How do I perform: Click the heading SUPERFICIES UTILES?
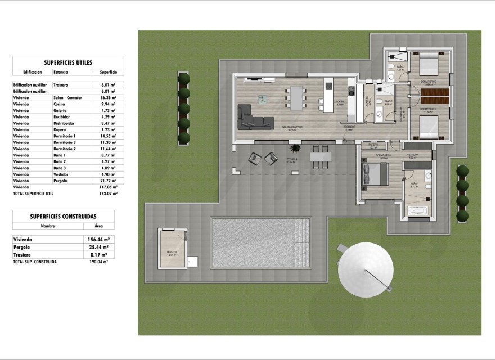click(67, 62)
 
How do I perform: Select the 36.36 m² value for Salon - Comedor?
click(108, 97)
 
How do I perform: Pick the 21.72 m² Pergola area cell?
click(108, 181)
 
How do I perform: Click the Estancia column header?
click(61, 73)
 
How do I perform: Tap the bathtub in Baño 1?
click(417, 211)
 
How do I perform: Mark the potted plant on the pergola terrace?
click(294, 148)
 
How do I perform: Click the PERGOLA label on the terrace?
click(291, 159)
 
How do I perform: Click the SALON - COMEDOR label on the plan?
click(292, 127)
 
